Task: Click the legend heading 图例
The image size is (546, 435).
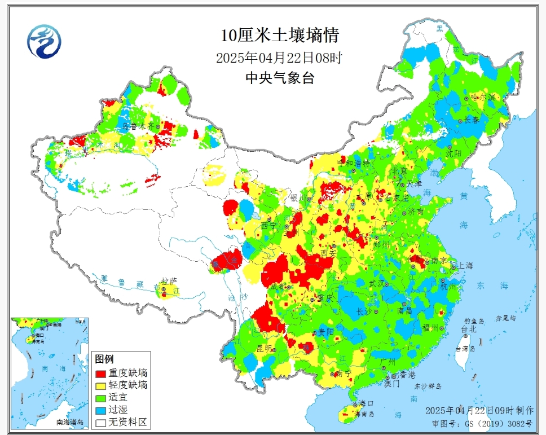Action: pyautogui.click(x=104, y=359)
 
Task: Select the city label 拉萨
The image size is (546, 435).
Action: pyautogui.click(x=165, y=280)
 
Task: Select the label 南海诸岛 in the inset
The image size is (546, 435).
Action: pyautogui.click(x=69, y=422)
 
